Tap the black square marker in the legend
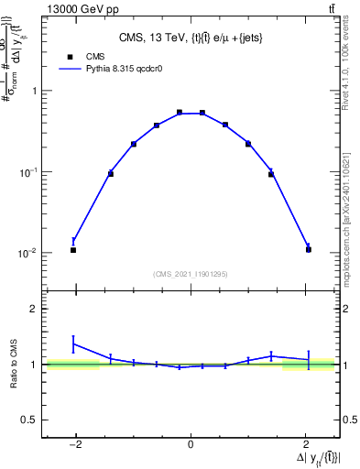(x=66, y=55)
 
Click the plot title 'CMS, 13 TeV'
(x=191, y=38)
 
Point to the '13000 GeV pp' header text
(x=75, y=8)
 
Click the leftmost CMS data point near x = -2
(x=73, y=250)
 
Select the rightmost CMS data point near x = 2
(x=309, y=249)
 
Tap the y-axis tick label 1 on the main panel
(x=34, y=91)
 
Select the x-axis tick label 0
(x=191, y=446)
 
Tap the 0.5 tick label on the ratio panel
(x=29, y=420)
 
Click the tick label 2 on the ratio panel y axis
(x=34, y=310)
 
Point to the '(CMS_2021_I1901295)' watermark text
(x=191, y=274)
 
